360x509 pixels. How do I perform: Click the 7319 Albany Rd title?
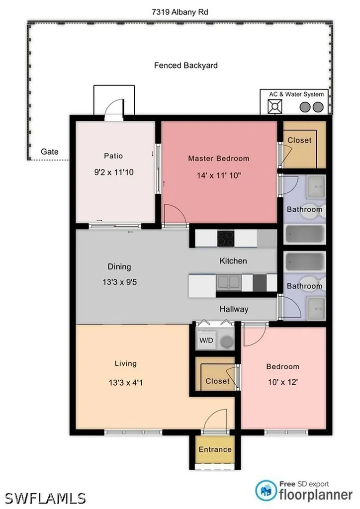pos(180,12)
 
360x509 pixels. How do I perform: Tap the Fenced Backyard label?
pos(185,66)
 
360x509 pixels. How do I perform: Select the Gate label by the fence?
pos(50,152)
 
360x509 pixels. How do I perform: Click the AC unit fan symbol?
pos(274,106)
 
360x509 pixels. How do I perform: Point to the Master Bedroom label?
pos(219,159)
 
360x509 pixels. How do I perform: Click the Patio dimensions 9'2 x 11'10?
pos(114,172)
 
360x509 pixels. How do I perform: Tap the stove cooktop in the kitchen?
pos(226,239)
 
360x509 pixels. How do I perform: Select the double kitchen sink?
pos(229,282)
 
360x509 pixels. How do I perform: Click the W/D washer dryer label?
pos(206,340)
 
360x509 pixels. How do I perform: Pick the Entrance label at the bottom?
pos(215,449)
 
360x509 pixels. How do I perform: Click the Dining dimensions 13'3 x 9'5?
pos(120,282)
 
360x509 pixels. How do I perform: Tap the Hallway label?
pos(234,309)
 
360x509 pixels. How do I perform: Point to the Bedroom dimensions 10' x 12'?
pos(283,382)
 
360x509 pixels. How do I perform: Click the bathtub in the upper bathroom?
pos(305,235)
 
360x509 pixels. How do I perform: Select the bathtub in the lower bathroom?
pos(305,261)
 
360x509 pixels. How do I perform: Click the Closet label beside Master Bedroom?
pos(299,140)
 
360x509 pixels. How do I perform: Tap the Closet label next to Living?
pos(217,381)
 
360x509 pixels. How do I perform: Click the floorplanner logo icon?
pos(266,490)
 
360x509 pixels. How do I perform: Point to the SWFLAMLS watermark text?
pos(45,498)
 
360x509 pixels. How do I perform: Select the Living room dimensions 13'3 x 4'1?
pos(126,383)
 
